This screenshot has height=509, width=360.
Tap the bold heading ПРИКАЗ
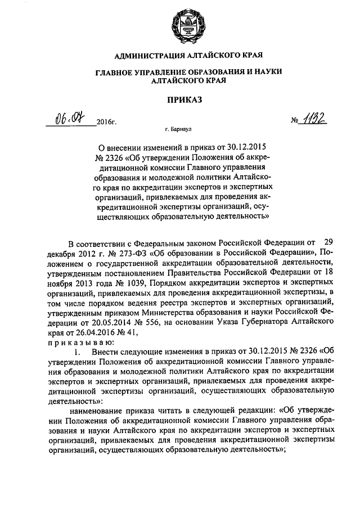[180, 100]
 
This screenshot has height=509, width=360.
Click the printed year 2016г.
[106, 121]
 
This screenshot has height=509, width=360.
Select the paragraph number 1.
[78, 352]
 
